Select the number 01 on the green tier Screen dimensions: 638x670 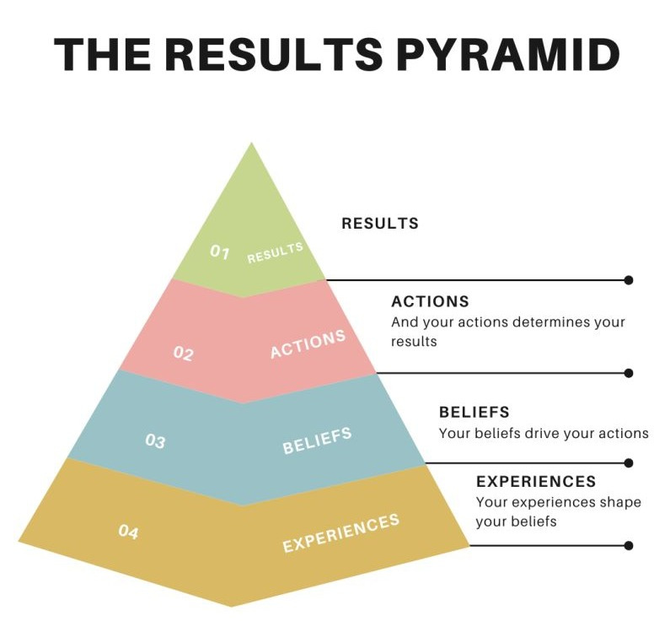(x=220, y=251)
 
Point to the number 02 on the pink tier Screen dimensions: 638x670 (x=183, y=354)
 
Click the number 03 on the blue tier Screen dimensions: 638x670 (x=155, y=441)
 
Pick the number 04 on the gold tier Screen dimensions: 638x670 (x=128, y=532)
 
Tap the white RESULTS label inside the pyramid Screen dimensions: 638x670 (x=275, y=253)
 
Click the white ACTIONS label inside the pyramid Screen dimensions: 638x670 (x=308, y=344)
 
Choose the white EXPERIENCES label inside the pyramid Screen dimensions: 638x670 (x=340, y=533)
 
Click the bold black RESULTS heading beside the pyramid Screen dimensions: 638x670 (x=380, y=224)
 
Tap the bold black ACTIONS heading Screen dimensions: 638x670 (x=430, y=301)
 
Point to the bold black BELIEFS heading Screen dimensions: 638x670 (x=474, y=413)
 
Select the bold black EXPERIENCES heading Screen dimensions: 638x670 (x=536, y=482)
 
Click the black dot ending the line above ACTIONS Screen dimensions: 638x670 (x=629, y=280)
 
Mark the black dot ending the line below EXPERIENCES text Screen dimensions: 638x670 (x=629, y=545)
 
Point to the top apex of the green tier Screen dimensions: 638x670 (x=251, y=145)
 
